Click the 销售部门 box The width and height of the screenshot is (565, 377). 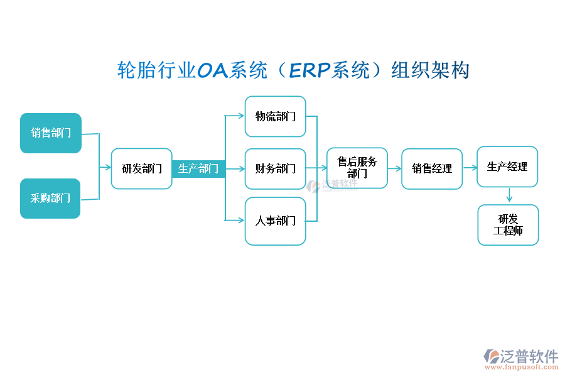pos(51,133)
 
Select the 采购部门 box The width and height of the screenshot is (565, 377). pos(50,199)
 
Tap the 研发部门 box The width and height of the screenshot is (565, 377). pos(142,168)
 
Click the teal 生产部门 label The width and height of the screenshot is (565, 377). pos(198,168)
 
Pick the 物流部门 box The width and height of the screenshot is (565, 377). pos(276,116)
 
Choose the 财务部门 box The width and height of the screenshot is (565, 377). pos(276,168)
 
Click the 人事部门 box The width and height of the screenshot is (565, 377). pos(276,221)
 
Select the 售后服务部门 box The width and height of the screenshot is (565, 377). pos(357,168)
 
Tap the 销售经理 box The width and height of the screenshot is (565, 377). pos(432,168)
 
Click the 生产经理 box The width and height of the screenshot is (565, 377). pos(507,167)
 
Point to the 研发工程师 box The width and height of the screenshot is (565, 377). pos(508,224)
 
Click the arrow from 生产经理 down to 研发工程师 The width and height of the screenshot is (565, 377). pos(509,195)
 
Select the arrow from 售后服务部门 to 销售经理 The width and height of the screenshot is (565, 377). pos(395,168)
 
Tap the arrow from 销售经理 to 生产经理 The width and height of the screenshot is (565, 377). pos(470,168)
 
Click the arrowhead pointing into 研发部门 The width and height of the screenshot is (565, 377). pos(107,167)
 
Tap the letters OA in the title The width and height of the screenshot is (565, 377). pos(213,70)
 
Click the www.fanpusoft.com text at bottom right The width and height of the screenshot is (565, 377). pos(520,369)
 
